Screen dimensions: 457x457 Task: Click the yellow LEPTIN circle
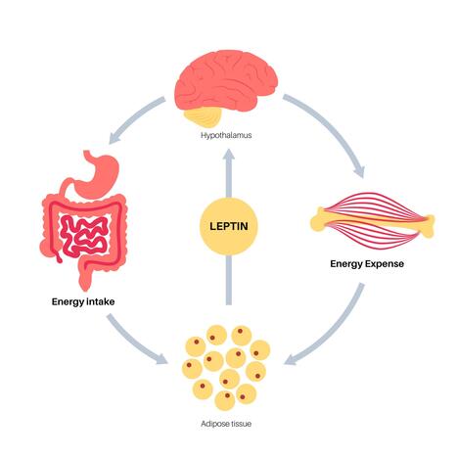[x=227, y=227]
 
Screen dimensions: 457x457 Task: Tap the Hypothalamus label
[x=227, y=136]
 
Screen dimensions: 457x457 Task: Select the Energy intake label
[x=83, y=300]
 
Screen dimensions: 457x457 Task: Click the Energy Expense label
[x=368, y=264]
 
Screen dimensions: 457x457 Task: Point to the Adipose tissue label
[x=227, y=427]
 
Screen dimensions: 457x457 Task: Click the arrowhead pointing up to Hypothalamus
[x=227, y=160]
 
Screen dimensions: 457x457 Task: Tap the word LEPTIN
[x=227, y=227]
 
